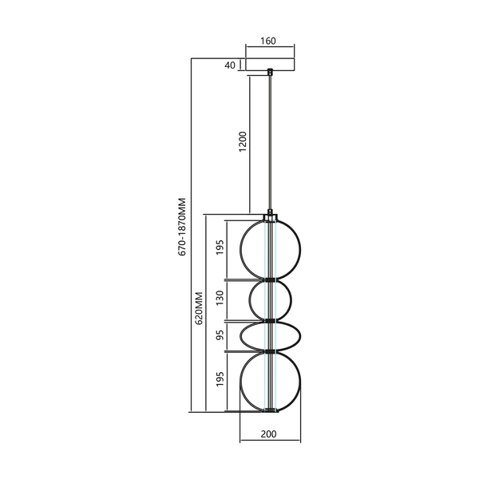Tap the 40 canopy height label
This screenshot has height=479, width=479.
coord(231,65)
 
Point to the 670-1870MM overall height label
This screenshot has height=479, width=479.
coord(183,227)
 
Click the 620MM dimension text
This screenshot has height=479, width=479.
coord(200,314)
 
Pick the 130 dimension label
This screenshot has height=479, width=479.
coord(220,300)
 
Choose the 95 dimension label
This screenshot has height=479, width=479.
coord(220,335)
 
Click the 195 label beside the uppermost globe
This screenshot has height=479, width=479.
coord(220,249)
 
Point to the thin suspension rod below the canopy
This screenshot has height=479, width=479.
coord(271,144)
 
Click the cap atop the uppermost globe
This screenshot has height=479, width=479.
coord(271,216)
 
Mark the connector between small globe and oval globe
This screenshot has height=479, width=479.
coord(271,319)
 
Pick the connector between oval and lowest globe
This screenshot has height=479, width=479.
coord(271,351)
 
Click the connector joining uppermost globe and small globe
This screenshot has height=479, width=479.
coord(271,279)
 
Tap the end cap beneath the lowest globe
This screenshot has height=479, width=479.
coord(271,412)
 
